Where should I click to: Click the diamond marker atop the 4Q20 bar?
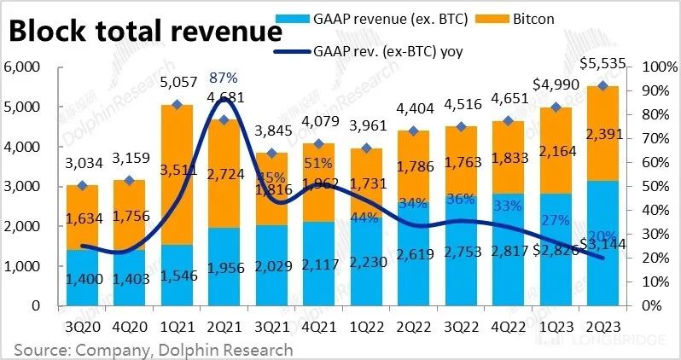[130, 181]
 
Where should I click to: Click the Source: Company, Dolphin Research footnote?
[153, 349]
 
